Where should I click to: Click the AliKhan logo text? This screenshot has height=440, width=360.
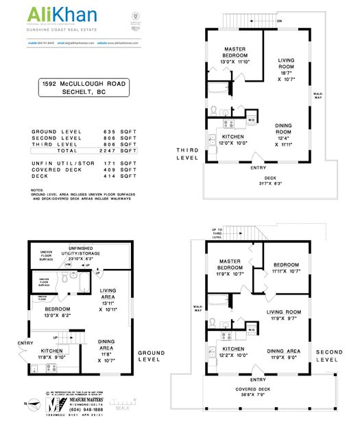(x=62, y=15)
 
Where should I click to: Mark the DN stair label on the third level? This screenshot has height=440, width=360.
(x=278, y=22)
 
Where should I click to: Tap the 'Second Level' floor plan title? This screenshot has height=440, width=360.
(x=328, y=356)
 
